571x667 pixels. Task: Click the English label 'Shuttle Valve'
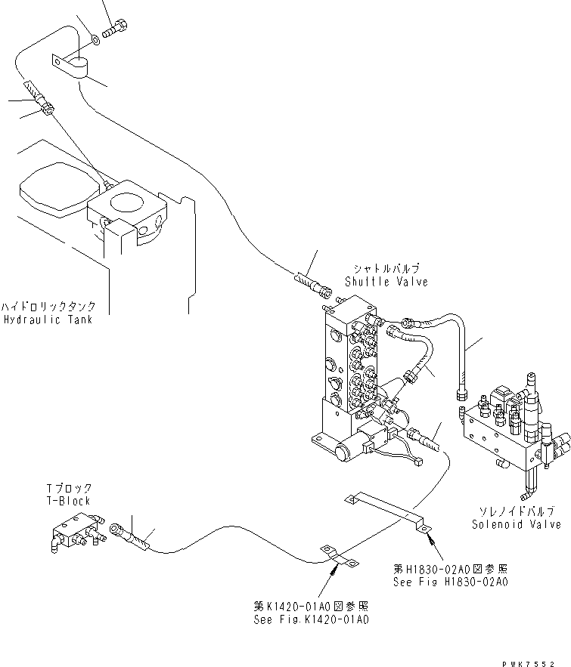pyautogui.click(x=386, y=282)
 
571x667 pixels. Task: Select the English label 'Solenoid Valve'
pyautogui.click(x=516, y=524)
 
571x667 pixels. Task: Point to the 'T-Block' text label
pyautogui.click(x=69, y=501)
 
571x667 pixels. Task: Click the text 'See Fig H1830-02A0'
pyautogui.click(x=450, y=582)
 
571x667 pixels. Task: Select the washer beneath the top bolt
pyautogui.click(x=92, y=37)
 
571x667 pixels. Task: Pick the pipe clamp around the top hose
pyautogui.click(x=72, y=64)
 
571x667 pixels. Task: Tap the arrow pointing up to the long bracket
pyautogui.click(x=429, y=539)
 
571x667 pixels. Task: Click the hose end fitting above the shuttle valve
pyautogui.click(x=312, y=284)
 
